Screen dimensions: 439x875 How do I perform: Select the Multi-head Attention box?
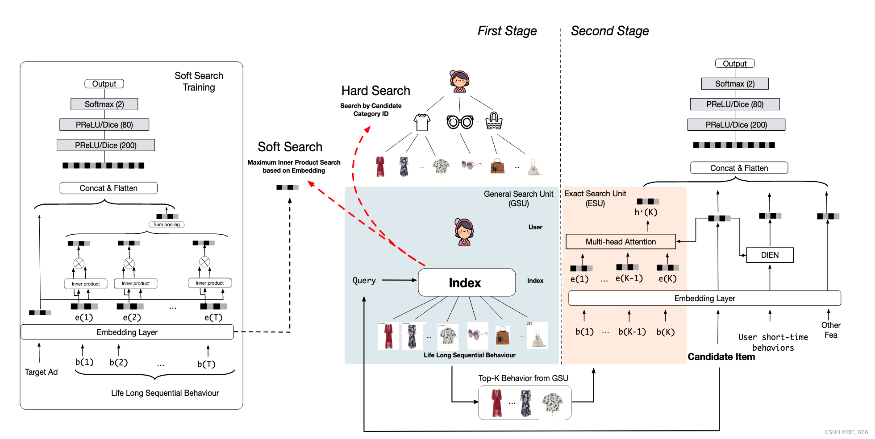[x=621, y=242]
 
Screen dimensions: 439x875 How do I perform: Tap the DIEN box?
[x=770, y=255]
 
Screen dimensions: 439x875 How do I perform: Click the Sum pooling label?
[x=167, y=225]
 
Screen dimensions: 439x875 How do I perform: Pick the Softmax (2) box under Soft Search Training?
[x=104, y=104]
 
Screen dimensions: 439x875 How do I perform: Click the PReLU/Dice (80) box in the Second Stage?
[x=735, y=104]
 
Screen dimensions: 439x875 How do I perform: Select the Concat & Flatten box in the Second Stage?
[x=739, y=168]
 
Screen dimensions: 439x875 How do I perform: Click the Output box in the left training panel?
[x=104, y=84]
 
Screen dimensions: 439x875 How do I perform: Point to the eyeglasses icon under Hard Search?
[x=460, y=122]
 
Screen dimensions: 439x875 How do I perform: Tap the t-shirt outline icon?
[x=421, y=122]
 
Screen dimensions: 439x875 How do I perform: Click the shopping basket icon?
[x=494, y=121]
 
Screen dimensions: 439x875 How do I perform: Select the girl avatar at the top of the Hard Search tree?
[x=459, y=81]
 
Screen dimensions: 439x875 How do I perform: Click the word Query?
[x=364, y=281]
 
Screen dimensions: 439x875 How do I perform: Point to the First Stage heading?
[x=507, y=31]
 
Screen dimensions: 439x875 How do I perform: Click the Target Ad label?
[x=41, y=372]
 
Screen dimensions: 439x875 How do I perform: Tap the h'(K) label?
[x=646, y=212]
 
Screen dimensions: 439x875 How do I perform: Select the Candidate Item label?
[x=721, y=357]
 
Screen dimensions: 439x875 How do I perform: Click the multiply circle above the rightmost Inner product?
[x=204, y=262]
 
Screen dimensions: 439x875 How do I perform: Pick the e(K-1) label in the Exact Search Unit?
[x=629, y=278]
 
